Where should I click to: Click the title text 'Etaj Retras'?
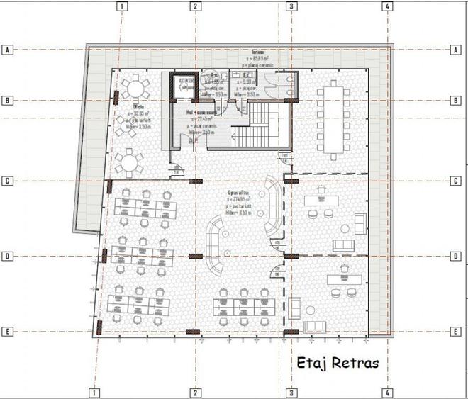pos(338,363)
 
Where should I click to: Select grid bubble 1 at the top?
pos(123,6)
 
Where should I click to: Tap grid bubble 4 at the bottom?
pos(386,392)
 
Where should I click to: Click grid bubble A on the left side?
pos(8,50)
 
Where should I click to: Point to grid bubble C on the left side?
pos(8,181)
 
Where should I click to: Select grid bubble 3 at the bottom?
pos(290,392)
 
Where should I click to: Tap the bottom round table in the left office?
pos(129,162)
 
